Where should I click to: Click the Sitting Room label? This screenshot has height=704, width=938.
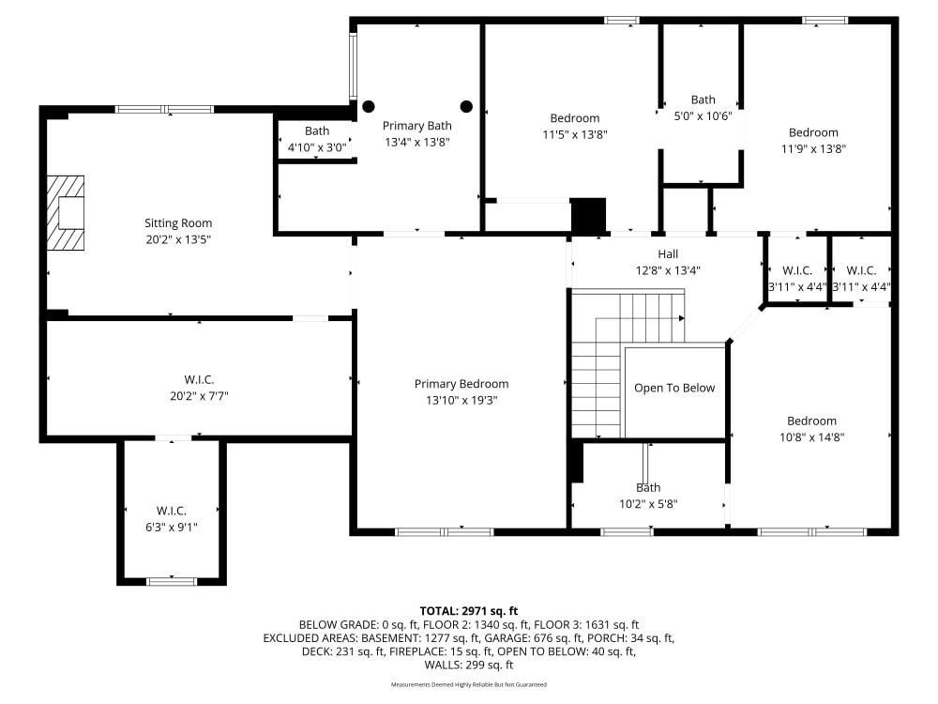point(178,223)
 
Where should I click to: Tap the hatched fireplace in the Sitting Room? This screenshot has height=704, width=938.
point(66,212)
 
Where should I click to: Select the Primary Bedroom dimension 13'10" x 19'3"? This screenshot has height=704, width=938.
point(461,400)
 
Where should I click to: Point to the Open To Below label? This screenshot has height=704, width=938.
point(674,388)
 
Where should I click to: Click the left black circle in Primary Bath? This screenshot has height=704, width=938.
point(369,107)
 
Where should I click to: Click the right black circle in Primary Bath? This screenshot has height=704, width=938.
point(466,107)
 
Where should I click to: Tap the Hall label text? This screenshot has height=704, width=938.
point(668,253)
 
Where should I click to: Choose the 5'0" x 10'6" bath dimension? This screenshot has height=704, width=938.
point(703,116)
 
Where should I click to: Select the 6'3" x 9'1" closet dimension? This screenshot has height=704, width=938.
point(171,527)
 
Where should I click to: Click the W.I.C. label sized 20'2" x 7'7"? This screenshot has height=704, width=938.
point(199,379)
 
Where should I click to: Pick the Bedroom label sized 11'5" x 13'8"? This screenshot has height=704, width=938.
point(575,118)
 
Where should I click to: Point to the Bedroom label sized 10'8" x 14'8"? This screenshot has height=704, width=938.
point(811,421)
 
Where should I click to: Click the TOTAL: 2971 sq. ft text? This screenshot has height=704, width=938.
point(469,611)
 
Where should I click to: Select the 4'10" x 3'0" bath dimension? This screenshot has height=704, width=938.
point(317,147)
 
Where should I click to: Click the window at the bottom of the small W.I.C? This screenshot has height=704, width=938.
point(172,581)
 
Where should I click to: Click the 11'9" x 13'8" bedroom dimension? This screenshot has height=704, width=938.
point(813,148)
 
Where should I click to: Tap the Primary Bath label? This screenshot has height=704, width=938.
point(417,126)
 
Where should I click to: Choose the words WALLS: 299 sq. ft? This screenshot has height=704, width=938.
point(469,665)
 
